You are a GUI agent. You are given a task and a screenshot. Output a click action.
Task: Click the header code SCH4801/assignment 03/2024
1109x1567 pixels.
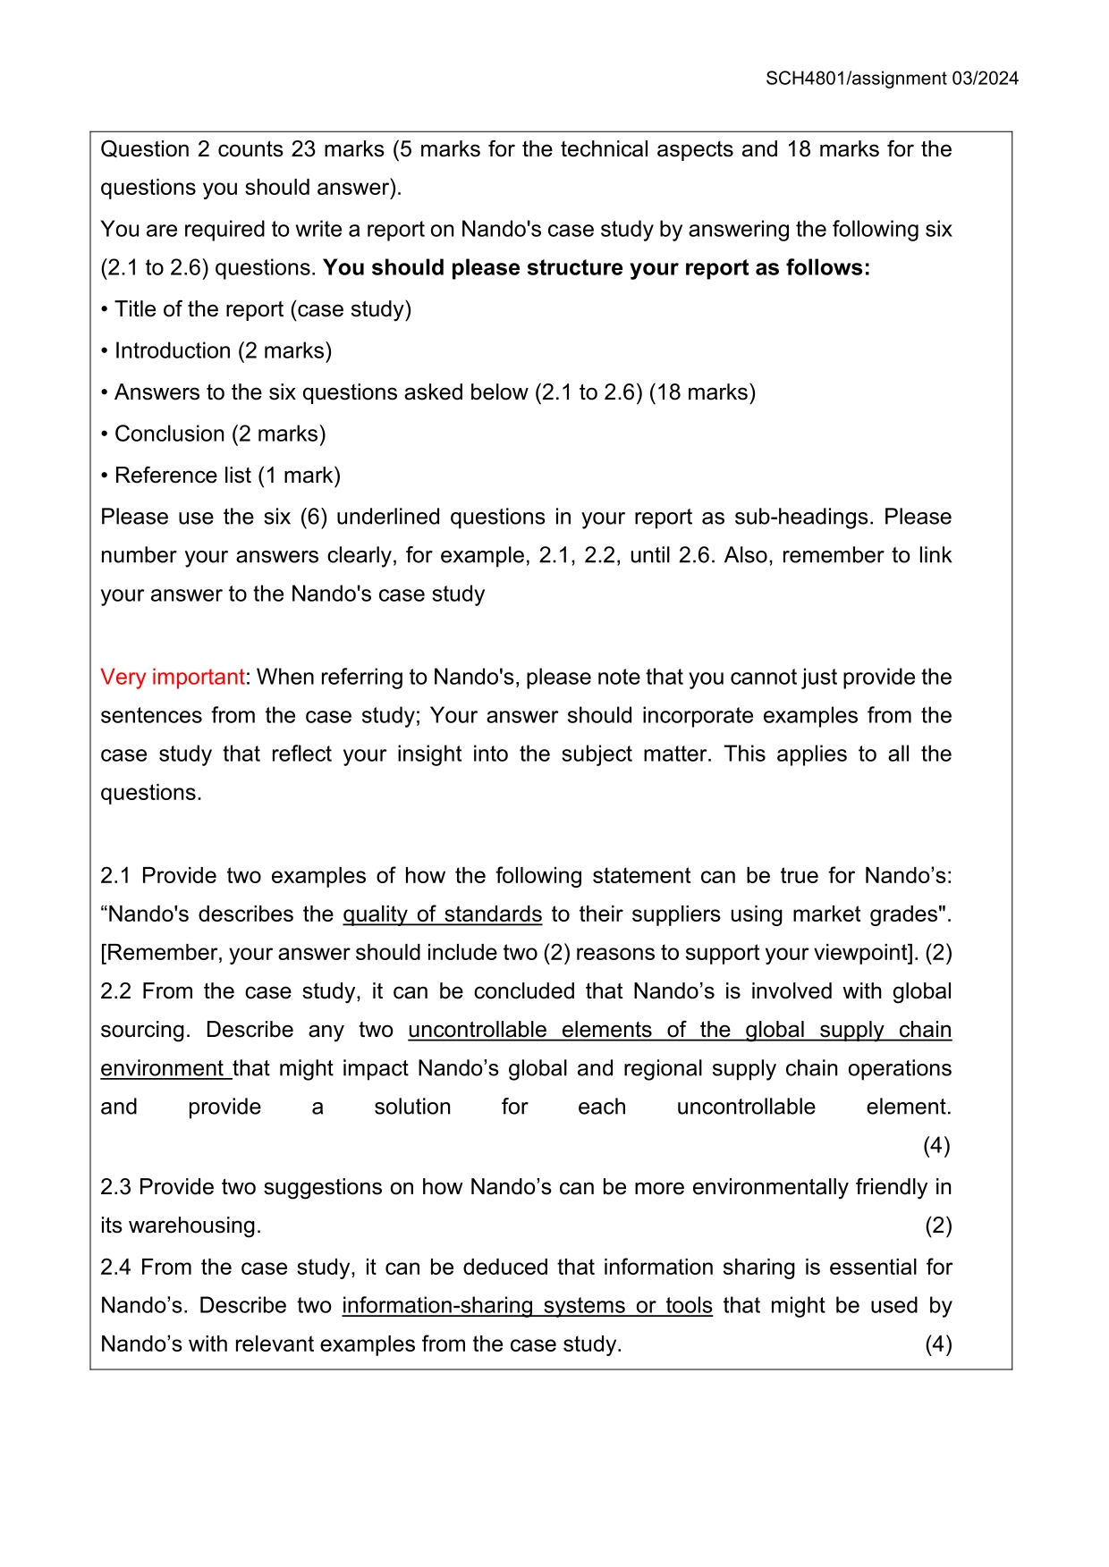(x=892, y=79)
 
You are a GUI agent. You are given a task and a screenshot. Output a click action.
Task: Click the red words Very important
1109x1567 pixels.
(x=172, y=677)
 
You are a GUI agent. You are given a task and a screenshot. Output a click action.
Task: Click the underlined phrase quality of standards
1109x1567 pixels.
(x=442, y=914)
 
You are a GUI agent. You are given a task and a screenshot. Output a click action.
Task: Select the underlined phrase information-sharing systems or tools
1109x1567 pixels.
(x=527, y=1306)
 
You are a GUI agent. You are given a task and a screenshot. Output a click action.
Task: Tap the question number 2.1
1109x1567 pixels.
(x=115, y=876)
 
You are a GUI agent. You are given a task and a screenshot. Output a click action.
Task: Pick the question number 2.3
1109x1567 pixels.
(x=115, y=1187)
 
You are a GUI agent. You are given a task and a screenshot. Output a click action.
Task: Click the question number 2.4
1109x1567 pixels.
(x=115, y=1268)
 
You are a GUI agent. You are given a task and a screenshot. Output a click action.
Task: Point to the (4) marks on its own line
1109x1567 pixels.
(x=936, y=1146)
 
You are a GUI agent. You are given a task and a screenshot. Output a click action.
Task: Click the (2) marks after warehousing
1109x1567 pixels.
(x=937, y=1226)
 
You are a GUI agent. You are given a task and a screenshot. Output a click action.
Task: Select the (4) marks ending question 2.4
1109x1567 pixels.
(x=937, y=1344)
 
